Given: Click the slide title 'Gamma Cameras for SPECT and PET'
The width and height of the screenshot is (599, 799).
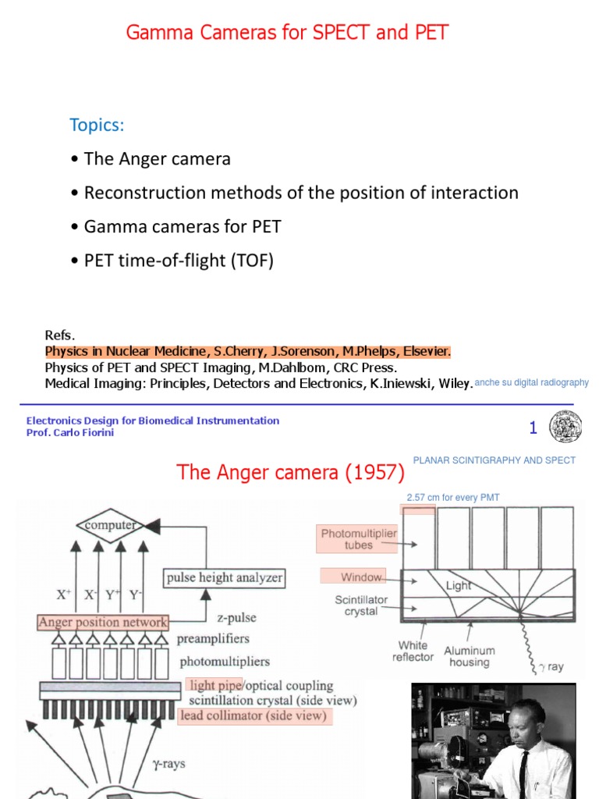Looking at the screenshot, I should (287, 33).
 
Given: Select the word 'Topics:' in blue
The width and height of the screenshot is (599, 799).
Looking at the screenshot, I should (97, 125).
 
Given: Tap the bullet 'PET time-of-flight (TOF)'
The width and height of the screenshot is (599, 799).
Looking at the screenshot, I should (178, 261).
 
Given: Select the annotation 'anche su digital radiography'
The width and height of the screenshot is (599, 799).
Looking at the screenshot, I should (531, 382).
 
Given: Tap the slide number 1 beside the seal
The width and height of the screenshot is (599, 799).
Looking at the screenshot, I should (533, 428).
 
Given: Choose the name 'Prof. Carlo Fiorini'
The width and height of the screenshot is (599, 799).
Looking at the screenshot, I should (70, 432).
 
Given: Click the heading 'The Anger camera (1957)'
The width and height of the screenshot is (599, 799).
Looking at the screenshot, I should (290, 473).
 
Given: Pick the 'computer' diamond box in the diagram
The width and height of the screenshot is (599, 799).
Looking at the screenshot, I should (111, 526).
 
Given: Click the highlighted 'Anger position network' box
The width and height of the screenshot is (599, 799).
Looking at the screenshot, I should (103, 622).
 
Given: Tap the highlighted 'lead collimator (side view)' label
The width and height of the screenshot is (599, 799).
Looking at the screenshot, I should (253, 716).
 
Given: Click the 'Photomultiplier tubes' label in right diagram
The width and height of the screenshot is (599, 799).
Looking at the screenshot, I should (359, 539).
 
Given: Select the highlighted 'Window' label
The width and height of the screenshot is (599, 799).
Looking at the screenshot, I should (362, 577).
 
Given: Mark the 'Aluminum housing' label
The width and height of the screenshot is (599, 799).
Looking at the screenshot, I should (469, 656).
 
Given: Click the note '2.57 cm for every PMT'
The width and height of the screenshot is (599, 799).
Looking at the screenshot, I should (453, 497).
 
